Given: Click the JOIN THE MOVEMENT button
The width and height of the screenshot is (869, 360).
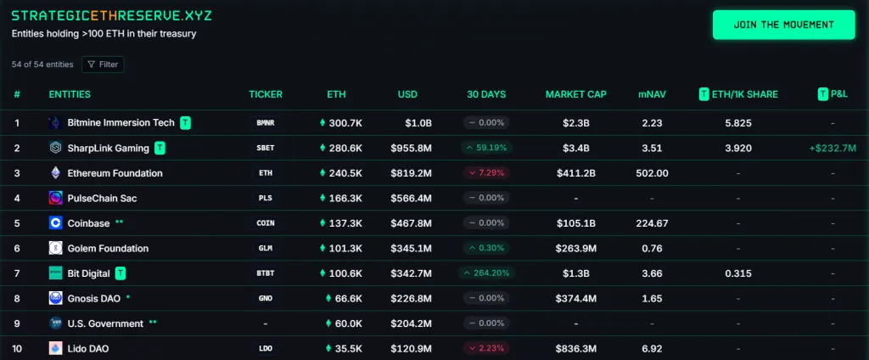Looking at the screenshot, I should click(783, 25).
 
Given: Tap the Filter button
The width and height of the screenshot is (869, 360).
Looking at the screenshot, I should click(103, 64).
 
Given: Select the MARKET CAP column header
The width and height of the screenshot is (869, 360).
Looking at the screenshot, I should click(575, 94).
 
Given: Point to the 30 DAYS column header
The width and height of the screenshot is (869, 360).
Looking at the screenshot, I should click(486, 94).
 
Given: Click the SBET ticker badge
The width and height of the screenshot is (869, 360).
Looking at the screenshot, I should click(266, 148).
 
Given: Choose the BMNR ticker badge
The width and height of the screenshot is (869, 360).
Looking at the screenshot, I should click(266, 123).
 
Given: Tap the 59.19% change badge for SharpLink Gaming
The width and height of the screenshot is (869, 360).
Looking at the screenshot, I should click(486, 148).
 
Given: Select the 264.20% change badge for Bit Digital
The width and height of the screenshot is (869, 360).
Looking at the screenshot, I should click(486, 273).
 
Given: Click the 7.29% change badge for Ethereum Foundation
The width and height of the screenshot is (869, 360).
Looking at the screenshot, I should click(486, 173).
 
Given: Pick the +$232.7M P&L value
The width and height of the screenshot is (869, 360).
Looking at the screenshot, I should click(833, 148).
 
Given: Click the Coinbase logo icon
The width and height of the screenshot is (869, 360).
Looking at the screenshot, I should click(55, 223).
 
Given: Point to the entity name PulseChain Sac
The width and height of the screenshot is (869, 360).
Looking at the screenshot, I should click(102, 198).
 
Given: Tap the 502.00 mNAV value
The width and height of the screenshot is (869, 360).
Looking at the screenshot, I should click(652, 173).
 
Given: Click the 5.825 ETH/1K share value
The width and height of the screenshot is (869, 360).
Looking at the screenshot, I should click(738, 123).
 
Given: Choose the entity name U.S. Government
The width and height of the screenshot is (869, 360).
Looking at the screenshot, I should click(105, 323).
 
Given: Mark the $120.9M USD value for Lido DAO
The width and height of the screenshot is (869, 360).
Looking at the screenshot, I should click(411, 349).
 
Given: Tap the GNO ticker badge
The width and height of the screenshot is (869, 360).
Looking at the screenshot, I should click(266, 299).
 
